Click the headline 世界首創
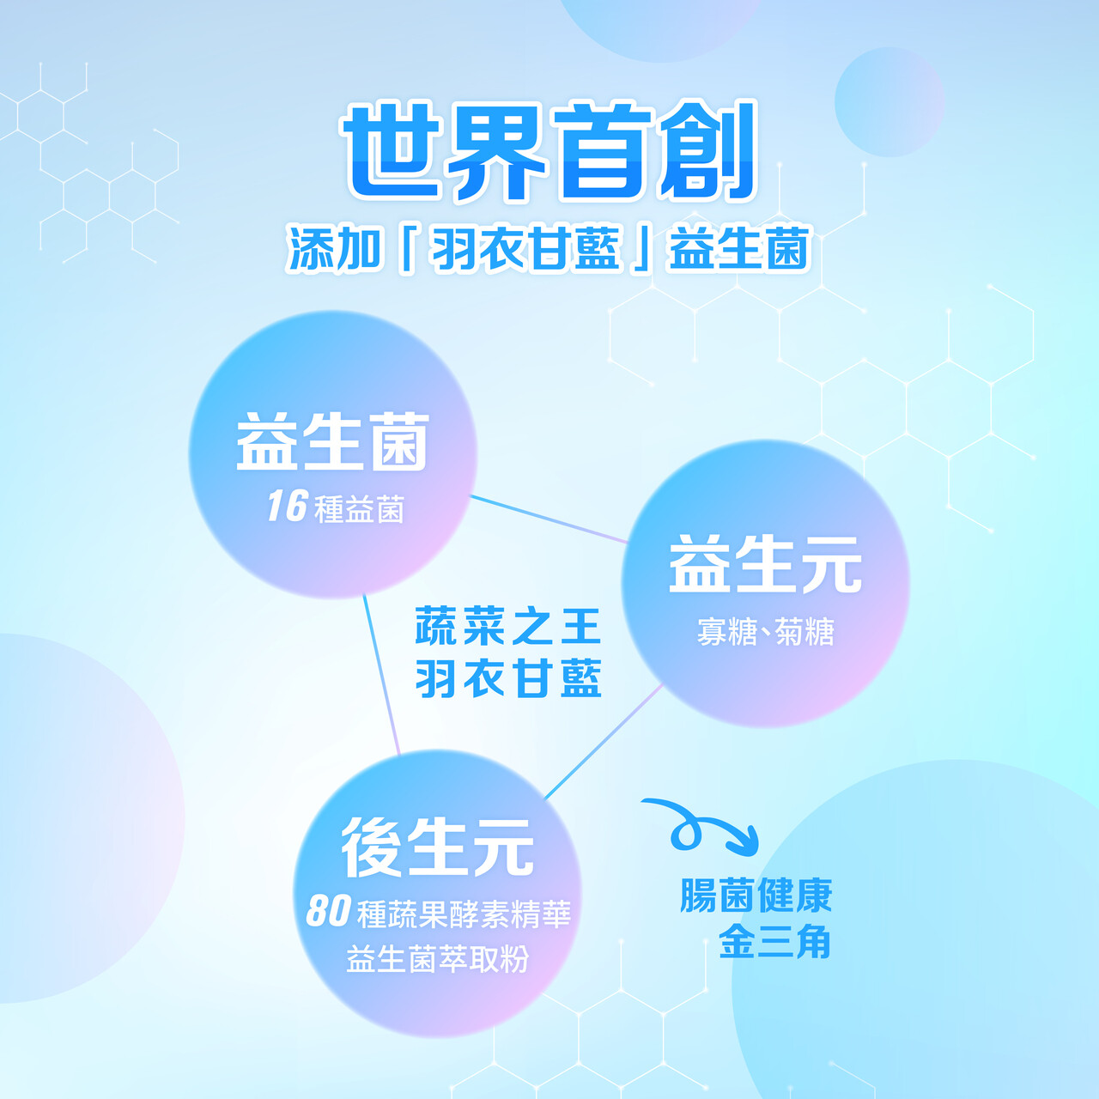(x=549, y=150)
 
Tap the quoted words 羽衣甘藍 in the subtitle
(x=525, y=249)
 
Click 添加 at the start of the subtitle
(x=334, y=249)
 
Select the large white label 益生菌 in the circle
(x=332, y=442)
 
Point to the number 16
(x=288, y=506)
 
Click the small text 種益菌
(x=359, y=509)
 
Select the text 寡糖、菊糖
(x=765, y=632)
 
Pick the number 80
(x=328, y=911)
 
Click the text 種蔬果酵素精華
(x=464, y=914)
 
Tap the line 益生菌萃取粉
(x=438, y=959)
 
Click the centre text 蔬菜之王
(x=507, y=626)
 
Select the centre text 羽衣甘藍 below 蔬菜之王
(x=507, y=678)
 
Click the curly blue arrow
(x=701, y=825)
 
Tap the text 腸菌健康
(x=756, y=896)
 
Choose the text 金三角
(x=774, y=942)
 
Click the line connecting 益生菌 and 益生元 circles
(x=549, y=519)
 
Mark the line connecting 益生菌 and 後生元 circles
(x=381, y=675)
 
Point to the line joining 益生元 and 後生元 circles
(x=604, y=742)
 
